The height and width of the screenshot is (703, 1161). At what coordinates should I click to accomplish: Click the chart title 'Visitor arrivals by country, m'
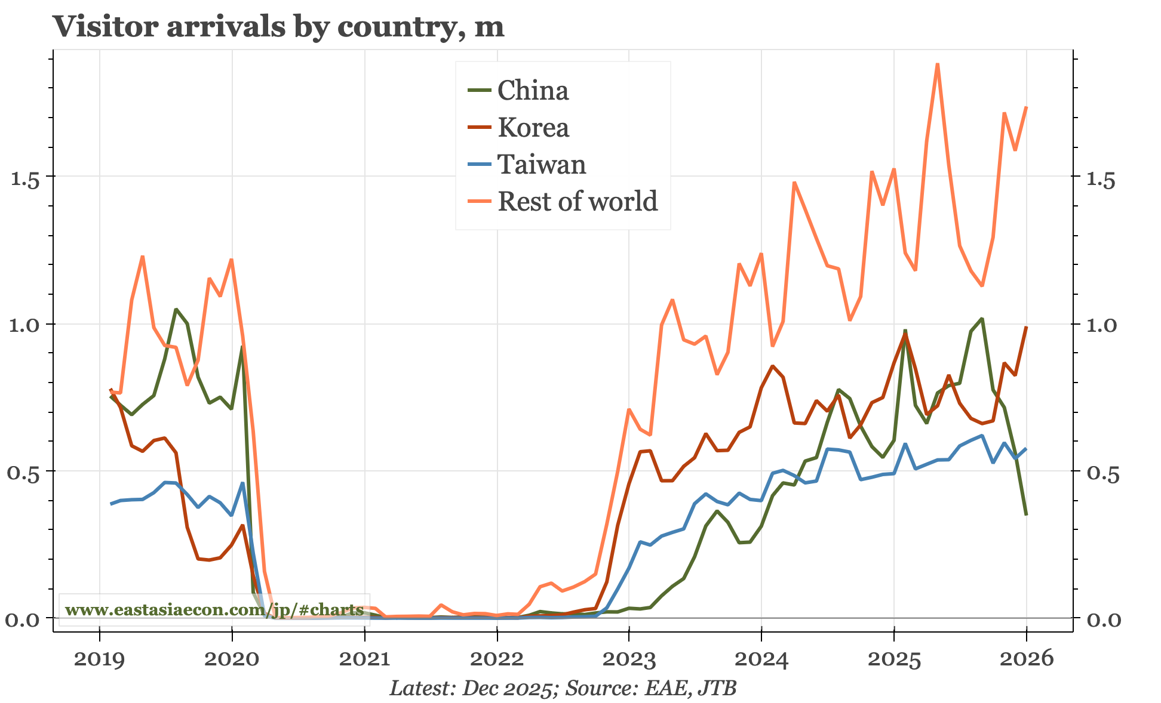click(278, 26)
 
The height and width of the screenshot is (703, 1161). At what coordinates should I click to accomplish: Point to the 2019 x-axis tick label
click(99, 659)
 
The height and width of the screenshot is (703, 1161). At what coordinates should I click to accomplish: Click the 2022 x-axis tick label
click(496, 659)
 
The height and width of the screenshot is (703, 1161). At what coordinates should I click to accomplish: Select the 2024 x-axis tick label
click(761, 659)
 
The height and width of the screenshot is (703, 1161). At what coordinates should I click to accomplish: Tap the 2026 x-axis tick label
click(1026, 659)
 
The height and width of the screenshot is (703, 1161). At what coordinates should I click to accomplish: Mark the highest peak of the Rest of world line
click(938, 64)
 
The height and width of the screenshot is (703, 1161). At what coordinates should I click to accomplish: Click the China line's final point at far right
click(1026, 514)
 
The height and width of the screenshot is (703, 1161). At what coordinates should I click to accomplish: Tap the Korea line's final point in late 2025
click(1026, 327)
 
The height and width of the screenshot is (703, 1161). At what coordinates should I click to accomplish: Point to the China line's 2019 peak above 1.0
click(176, 309)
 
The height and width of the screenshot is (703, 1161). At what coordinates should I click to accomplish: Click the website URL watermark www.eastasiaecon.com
click(214, 610)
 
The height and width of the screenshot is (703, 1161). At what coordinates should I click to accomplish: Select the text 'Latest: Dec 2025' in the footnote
click(471, 688)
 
